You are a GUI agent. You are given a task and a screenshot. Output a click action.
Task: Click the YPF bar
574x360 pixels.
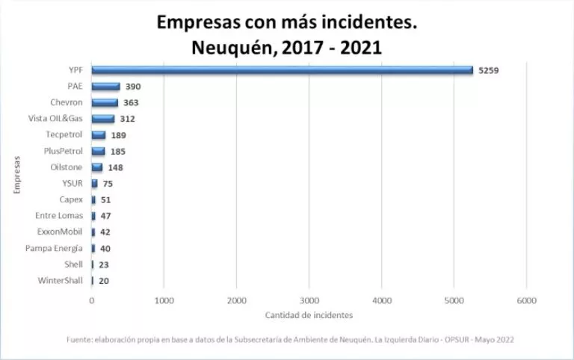(x=283, y=70)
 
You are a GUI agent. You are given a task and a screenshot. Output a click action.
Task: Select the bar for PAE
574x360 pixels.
(x=106, y=87)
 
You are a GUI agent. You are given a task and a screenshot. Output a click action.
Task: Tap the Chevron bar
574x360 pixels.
(x=105, y=102)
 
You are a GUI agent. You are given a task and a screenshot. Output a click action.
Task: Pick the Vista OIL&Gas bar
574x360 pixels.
(x=103, y=119)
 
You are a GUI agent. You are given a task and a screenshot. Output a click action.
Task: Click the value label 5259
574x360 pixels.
(x=489, y=70)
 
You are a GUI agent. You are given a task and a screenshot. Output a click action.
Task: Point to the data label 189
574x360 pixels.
(x=118, y=135)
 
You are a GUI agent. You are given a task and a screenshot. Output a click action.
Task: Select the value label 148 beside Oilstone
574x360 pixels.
(x=115, y=167)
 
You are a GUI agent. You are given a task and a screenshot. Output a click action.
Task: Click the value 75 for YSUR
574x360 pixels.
(x=108, y=184)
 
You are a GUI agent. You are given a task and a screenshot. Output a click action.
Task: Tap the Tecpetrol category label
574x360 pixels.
(x=65, y=134)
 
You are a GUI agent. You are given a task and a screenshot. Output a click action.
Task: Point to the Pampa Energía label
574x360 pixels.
(x=54, y=248)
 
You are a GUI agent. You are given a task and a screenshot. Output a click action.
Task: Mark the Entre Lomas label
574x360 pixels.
(x=61, y=216)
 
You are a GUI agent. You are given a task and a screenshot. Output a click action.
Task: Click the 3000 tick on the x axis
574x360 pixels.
(x=309, y=301)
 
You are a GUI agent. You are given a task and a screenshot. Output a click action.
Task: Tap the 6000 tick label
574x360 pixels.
(x=526, y=301)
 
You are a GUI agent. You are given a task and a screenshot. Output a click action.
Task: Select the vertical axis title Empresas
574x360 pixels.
(x=16, y=176)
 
